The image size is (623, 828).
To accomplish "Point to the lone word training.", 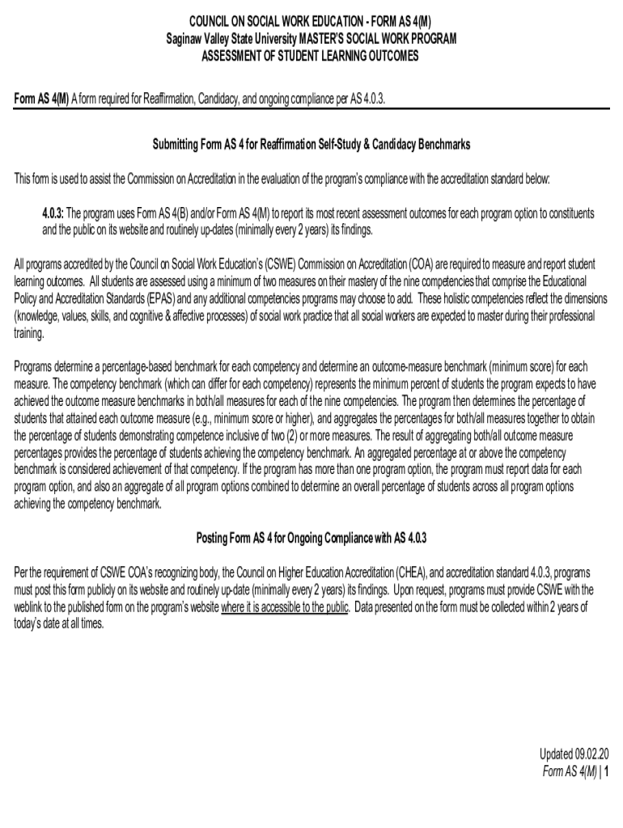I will coord(30,332).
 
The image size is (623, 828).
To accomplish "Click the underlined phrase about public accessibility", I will coord(286,607).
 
